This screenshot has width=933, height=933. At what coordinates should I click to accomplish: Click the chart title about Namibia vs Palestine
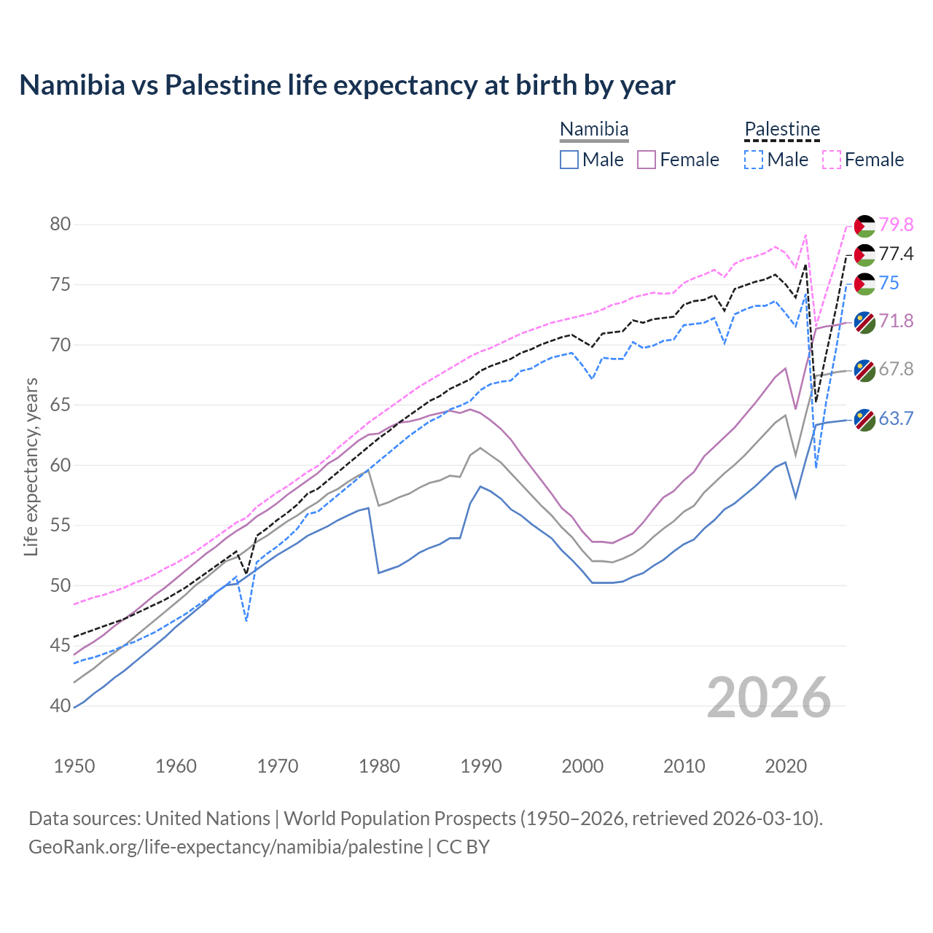(347, 85)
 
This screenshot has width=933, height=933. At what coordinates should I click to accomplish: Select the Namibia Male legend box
(569, 160)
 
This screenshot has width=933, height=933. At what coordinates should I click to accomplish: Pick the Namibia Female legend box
(647, 160)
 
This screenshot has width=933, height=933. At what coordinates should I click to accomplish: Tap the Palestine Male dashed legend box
(754, 160)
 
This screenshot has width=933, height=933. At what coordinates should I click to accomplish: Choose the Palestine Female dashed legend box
(832, 160)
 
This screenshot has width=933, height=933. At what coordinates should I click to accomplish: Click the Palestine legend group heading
(782, 129)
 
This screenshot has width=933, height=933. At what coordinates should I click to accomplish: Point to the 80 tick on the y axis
(60, 224)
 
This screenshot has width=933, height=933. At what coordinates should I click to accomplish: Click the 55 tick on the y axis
(60, 525)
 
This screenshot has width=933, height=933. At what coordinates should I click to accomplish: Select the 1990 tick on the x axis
(481, 766)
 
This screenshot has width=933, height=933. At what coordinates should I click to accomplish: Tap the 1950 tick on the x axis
(75, 766)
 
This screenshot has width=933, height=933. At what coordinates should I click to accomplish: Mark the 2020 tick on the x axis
(786, 766)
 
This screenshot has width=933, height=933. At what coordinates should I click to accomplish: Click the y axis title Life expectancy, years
(31, 466)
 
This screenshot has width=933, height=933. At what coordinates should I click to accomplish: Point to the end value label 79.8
(896, 225)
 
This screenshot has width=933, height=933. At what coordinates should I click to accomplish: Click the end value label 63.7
(896, 418)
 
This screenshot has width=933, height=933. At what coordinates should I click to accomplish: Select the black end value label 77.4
(896, 254)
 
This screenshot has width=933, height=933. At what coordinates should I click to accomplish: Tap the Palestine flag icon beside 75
(864, 284)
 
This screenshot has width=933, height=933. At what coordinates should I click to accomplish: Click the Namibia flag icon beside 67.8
(864, 370)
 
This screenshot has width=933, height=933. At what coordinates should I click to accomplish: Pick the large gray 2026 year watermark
(769, 698)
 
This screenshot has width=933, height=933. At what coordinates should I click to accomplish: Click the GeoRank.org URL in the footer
(225, 847)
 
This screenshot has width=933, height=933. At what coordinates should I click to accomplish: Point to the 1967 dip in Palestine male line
(246, 620)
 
